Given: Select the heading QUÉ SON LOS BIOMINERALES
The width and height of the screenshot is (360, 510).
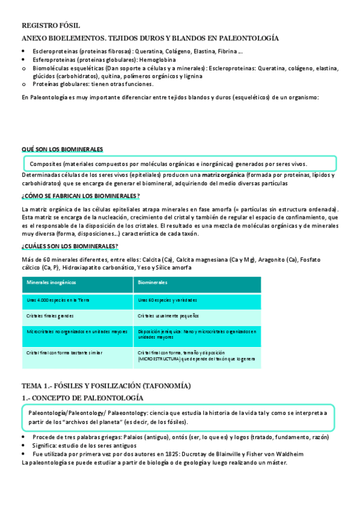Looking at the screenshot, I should pos(62,149).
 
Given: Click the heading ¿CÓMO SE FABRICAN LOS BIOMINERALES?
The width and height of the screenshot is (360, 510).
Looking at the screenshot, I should pos(81,197).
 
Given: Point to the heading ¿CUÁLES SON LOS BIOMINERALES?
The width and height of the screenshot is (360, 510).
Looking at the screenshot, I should pos(70,247).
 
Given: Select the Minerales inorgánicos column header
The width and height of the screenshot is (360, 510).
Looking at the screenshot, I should pos(51,282).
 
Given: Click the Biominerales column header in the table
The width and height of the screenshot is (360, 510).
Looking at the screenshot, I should pos(152,282).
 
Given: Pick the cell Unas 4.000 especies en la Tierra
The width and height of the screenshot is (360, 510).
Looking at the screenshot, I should pos(58,300).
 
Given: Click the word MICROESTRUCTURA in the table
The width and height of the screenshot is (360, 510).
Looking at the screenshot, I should pos(159,358).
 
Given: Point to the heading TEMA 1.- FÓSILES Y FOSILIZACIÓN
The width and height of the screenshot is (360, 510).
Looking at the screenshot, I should pos(106,386).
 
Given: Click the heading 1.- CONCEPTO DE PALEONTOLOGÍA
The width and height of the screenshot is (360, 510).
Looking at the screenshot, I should pos(82,398).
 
